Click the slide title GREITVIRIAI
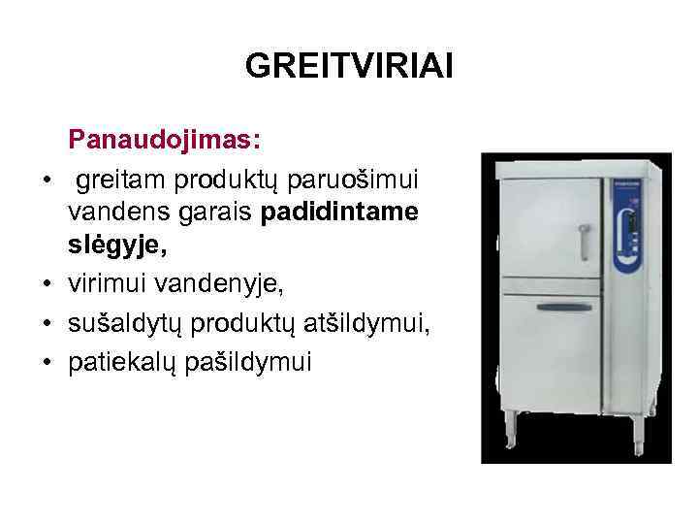(349, 66)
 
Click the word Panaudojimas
(162, 142)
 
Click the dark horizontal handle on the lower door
(563, 306)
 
